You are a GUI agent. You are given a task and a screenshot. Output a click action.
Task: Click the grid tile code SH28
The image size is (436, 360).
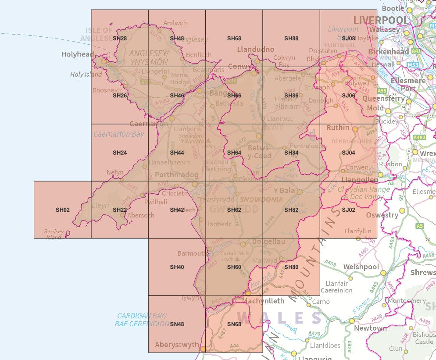point(120,39)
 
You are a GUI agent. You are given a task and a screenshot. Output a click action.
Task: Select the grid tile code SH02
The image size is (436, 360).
point(63,210)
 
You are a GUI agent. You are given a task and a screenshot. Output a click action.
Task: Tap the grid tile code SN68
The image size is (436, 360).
point(234,324)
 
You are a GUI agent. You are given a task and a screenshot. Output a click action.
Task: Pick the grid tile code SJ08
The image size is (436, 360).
point(348,39)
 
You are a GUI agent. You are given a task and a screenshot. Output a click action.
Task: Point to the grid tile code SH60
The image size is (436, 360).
point(234,267)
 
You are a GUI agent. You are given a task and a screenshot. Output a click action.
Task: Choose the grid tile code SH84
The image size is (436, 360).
point(291,153)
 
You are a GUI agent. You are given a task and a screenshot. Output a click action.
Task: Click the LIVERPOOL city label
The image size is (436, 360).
point(380,20)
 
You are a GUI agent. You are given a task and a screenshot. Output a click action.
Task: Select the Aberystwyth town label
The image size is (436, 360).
point(177,345)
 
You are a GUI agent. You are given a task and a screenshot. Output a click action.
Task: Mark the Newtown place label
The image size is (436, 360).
point(371,328)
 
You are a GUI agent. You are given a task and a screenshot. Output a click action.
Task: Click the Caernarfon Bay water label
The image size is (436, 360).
point(118,134)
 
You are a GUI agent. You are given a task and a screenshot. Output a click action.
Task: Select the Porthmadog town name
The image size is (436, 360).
point(177,175)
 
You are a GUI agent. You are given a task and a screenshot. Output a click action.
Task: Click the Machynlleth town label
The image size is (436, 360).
point(263,301)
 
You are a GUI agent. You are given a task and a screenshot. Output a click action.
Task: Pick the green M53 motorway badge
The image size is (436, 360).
point(413,64)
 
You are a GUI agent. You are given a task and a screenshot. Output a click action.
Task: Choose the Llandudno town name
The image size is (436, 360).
point(256,49)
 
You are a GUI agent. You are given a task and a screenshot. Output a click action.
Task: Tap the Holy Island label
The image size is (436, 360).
point(86,75)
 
